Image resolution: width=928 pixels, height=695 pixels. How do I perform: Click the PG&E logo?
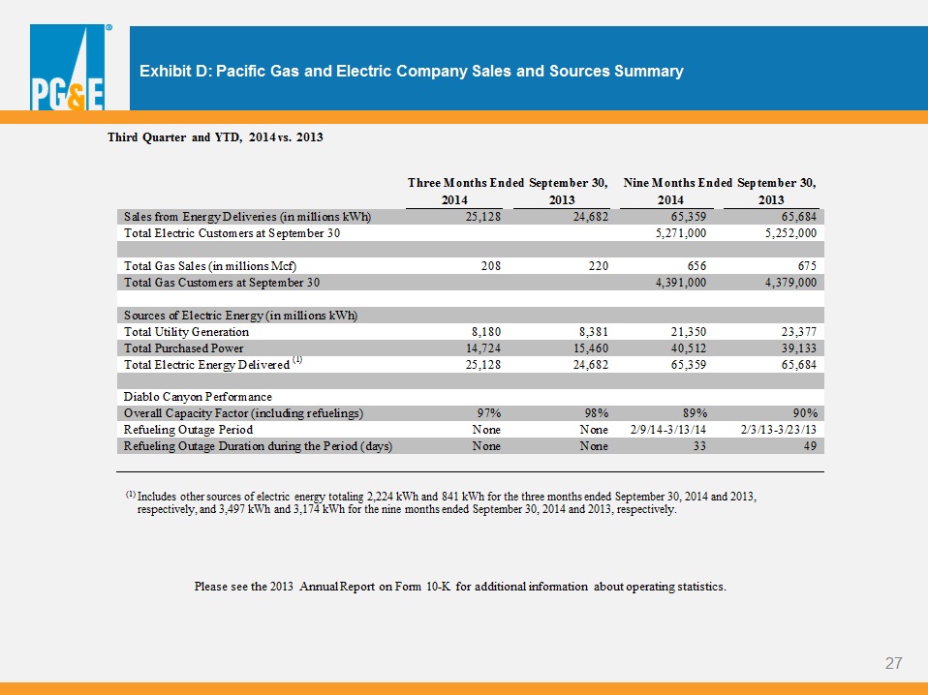point(68,67)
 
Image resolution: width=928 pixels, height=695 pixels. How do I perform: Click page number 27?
point(894,663)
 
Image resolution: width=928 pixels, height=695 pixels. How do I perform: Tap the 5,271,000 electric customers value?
point(681,233)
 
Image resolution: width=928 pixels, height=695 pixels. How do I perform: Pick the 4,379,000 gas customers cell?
point(790,283)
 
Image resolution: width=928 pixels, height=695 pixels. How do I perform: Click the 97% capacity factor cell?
point(489,413)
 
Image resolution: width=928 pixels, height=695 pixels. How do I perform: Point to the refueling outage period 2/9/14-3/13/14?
point(668,430)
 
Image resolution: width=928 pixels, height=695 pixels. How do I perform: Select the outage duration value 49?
point(810,446)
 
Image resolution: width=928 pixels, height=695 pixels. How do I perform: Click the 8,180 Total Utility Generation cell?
point(483,332)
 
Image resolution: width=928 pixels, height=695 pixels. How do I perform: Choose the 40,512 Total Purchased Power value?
point(689,348)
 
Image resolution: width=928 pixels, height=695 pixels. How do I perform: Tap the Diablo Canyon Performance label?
point(198,396)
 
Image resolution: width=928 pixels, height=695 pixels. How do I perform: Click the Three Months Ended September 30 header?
point(508,183)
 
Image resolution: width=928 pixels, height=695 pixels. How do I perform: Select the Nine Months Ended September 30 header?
point(720,183)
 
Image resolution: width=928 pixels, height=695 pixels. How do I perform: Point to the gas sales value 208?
point(490,266)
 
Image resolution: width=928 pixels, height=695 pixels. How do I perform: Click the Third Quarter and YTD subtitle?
point(215,137)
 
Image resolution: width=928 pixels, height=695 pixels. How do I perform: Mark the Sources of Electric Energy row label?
point(240,316)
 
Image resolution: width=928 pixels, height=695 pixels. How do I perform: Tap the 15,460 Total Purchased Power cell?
point(591,348)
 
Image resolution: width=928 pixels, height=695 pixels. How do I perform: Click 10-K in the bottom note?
point(438,587)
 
